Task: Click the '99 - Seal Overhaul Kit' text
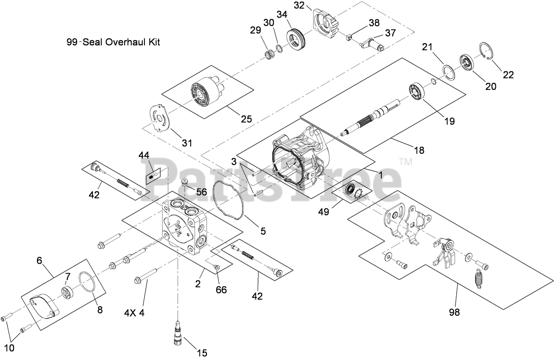[113, 43]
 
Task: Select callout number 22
[508, 75]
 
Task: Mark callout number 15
[202, 353]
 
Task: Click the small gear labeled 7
[67, 292]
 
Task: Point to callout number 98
[454, 312]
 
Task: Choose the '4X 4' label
[134, 313]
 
